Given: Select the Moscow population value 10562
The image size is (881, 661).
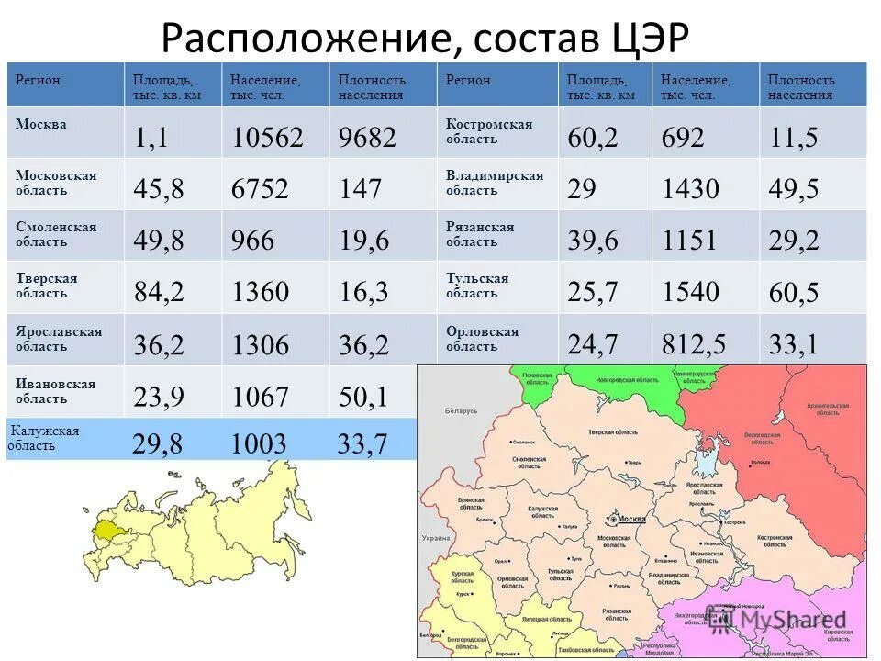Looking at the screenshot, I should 267,138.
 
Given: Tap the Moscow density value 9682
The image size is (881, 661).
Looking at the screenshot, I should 367,138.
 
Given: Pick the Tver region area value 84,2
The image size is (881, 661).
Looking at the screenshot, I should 159,292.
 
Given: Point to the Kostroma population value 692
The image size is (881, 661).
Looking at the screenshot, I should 683,138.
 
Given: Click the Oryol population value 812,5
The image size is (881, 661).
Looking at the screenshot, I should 694,344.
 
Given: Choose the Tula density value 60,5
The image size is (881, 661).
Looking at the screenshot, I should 794,293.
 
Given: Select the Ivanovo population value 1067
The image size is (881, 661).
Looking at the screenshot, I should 260,397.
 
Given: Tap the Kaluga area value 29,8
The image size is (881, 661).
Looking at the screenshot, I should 157,445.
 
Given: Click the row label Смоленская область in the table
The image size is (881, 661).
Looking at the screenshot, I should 55,234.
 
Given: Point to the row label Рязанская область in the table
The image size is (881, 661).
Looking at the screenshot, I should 480,234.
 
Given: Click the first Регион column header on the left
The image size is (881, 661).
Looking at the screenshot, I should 38,80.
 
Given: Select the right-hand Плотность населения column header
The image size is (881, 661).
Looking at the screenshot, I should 801,86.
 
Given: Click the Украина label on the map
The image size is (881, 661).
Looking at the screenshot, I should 435,538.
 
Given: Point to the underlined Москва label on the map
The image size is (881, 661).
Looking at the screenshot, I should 630,520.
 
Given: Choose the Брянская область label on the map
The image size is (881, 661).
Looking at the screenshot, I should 470,503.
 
